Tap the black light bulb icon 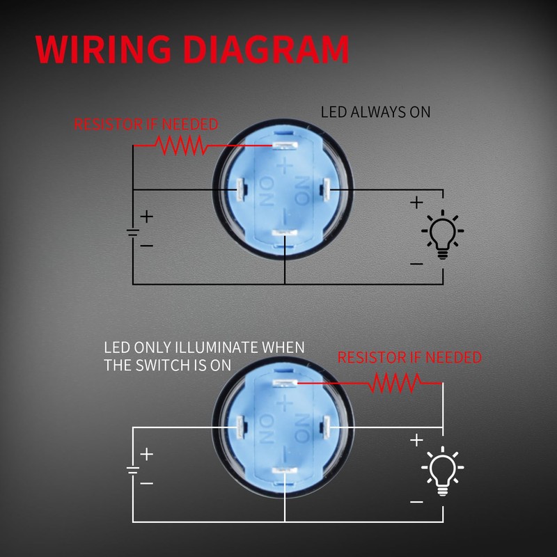442,235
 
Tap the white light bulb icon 442,471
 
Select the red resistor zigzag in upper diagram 180,146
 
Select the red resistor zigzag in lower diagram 395,383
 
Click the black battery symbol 133,233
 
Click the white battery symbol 133,471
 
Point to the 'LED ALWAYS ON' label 375,112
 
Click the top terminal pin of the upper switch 285,146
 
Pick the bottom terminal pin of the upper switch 285,233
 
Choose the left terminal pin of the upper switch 240,189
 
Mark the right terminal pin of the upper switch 325,188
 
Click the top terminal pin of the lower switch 285,383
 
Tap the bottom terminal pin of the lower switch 285,471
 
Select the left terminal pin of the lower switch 240,427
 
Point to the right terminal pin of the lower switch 325,426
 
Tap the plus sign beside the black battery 147,217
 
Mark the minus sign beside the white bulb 416,502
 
